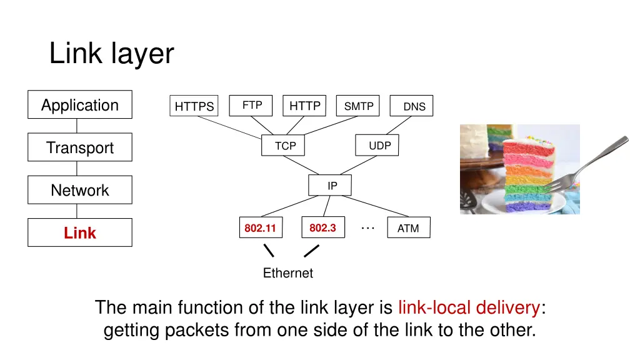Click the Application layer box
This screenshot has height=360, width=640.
(80, 104)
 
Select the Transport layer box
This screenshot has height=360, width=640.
(80, 147)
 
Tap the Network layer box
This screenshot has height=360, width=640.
(80, 190)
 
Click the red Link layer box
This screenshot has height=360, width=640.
(80, 232)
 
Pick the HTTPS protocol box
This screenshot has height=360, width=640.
(194, 106)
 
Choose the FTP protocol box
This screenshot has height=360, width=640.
(251, 106)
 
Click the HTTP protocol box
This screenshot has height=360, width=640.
(304, 106)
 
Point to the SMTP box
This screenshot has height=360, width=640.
(358, 106)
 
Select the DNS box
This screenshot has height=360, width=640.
(411, 106)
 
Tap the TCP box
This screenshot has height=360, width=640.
(283, 145)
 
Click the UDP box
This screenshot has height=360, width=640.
(377, 145)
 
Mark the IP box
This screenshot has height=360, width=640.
(330, 185)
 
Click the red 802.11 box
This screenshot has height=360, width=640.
(261, 227)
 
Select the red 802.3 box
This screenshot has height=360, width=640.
(323, 227)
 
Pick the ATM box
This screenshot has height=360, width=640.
(409, 227)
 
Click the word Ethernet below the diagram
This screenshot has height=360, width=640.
(287, 272)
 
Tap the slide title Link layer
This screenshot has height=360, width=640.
(111, 54)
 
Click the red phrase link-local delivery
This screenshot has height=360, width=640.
(469, 307)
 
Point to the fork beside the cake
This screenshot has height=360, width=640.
(585, 165)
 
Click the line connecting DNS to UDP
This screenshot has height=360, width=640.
(399, 125)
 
